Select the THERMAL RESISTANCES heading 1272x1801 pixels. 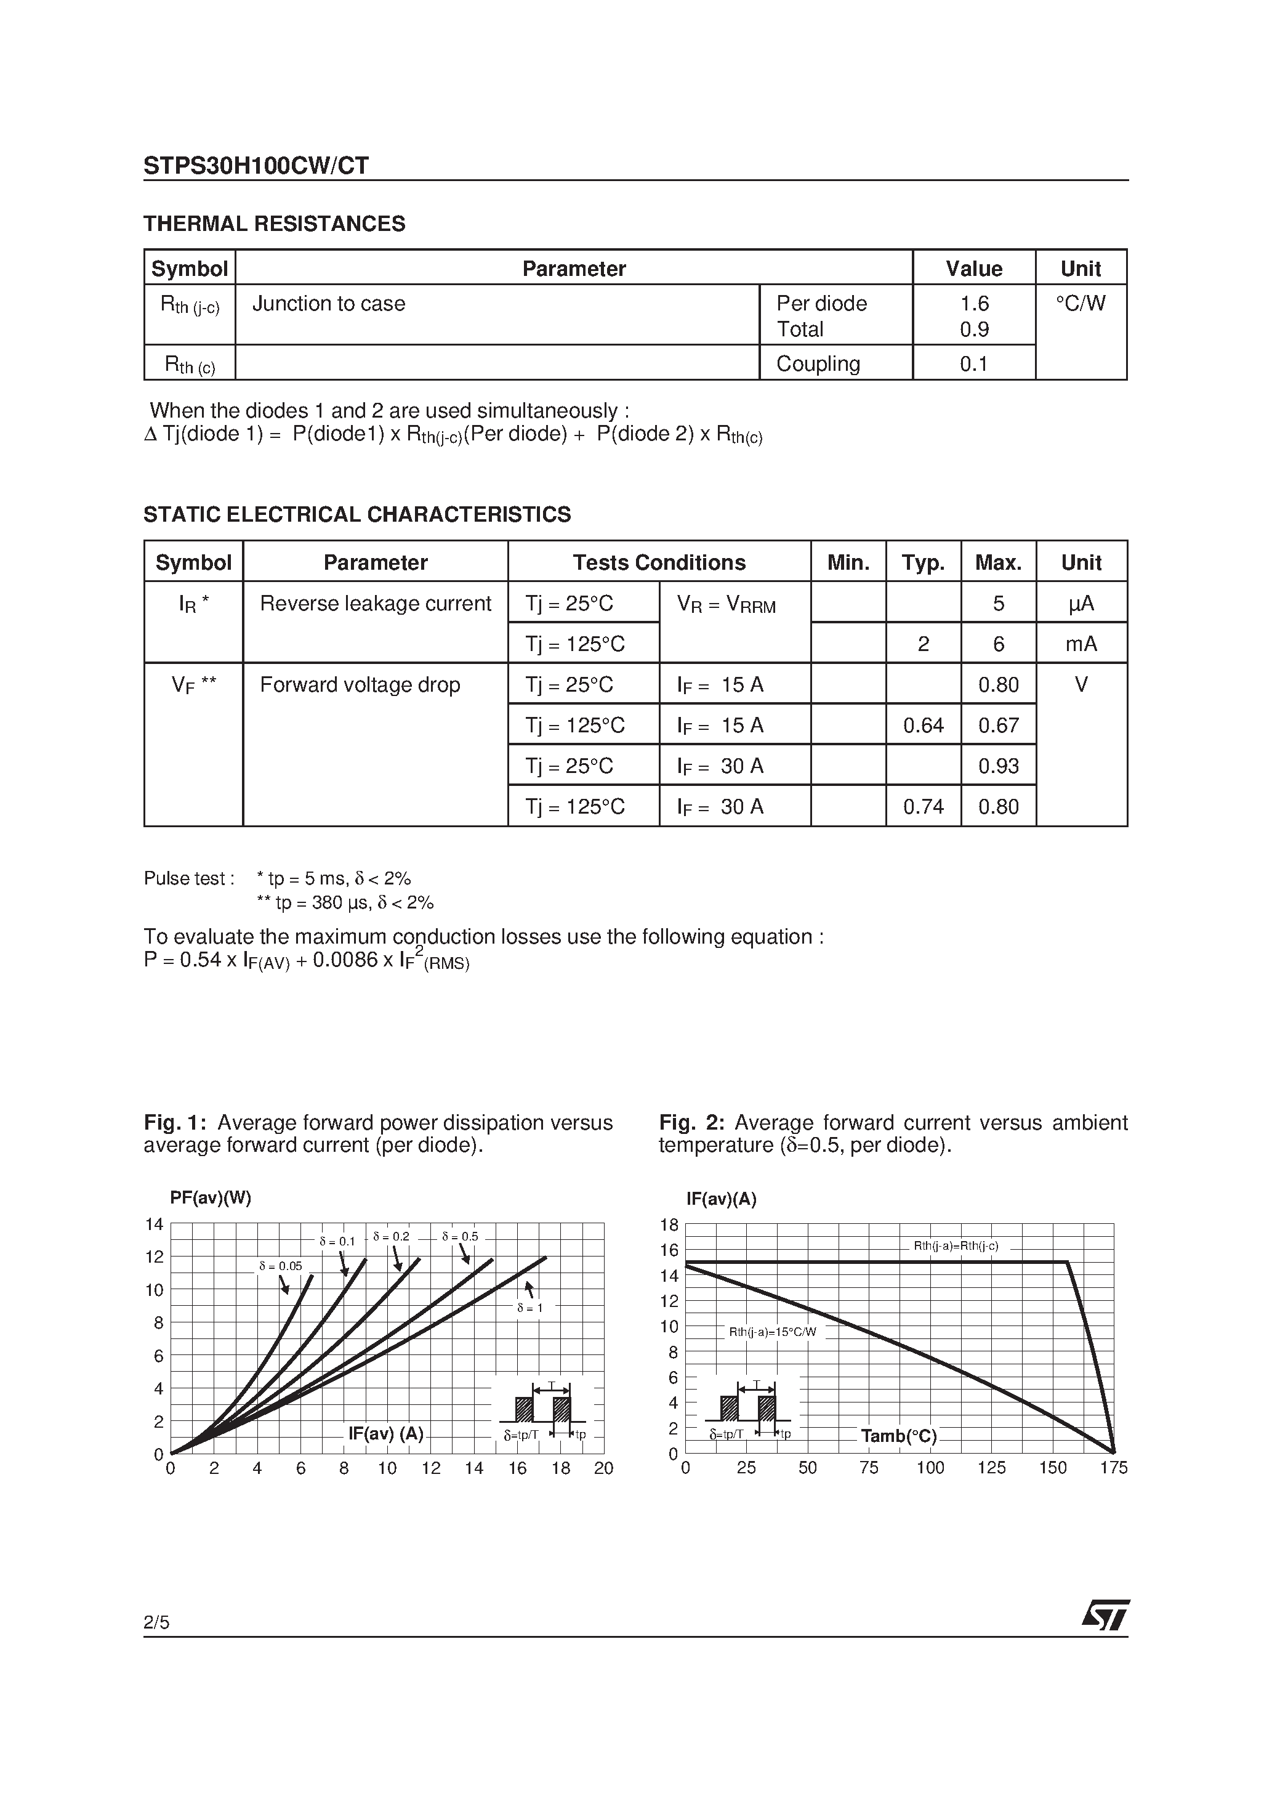[275, 224]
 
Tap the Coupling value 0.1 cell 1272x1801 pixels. [973, 364]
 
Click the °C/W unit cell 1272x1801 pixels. [1081, 304]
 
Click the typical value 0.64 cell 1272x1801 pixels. [923, 726]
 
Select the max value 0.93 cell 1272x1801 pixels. [998, 766]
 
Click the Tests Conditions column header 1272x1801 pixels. [659, 562]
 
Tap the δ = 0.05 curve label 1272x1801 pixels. [280, 1266]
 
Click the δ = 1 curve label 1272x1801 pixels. [529, 1308]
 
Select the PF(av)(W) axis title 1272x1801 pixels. [210, 1198]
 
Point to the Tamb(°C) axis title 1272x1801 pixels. [899, 1436]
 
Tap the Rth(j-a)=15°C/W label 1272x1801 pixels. [773, 1332]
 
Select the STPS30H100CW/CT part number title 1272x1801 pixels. [256, 166]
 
